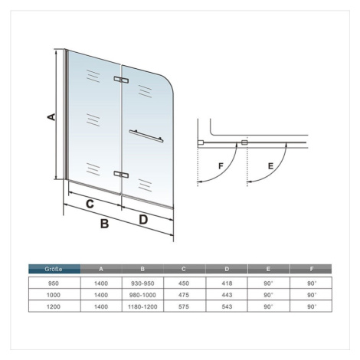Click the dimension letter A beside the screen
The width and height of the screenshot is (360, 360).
click(51, 116)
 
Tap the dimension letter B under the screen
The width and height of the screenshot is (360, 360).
click(105, 224)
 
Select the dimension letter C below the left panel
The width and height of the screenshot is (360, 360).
click(90, 204)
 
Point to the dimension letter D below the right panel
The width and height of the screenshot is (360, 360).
click(143, 219)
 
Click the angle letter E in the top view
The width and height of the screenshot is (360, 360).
click(270, 166)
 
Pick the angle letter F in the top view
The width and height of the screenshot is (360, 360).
click(221, 166)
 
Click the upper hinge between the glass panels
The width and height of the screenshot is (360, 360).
click(121, 80)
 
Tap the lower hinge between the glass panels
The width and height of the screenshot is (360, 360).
click(121, 175)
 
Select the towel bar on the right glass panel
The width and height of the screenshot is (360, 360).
click(146, 136)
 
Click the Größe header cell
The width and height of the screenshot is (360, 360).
click(54, 269)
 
